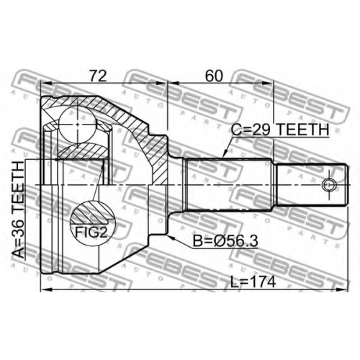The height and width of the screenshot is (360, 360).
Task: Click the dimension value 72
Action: click(x=98, y=76)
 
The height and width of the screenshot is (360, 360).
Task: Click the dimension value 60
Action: click(x=213, y=76)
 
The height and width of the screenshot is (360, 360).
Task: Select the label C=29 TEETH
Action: click(x=280, y=130)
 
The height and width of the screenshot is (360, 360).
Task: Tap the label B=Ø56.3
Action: click(x=226, y=241)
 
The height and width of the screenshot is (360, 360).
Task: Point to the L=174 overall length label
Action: click(x=253, y=282)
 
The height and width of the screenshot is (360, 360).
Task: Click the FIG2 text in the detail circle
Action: click(x=91, y=232)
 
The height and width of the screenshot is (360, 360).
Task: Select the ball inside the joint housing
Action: click(x=77, y=125)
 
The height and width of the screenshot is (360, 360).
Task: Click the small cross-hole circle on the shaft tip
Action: click(x=329, y=185)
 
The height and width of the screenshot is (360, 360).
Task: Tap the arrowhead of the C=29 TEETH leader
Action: click(x=225, y=154)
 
